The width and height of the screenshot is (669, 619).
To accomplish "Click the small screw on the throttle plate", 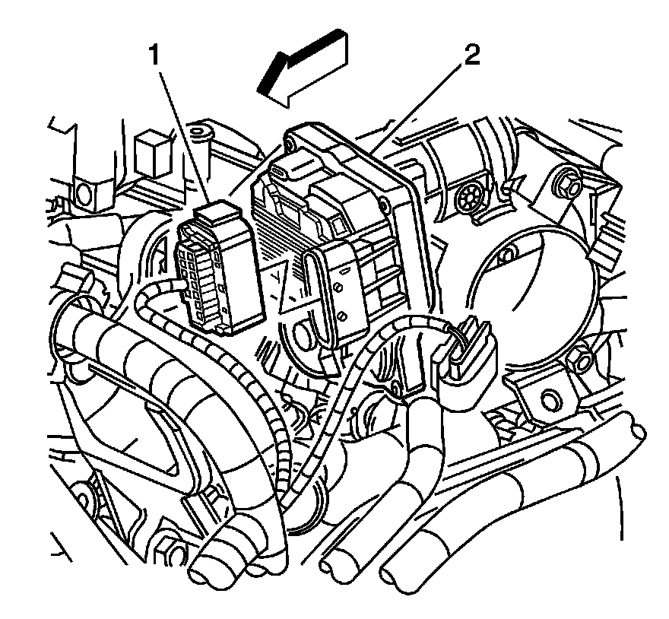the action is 341,314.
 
